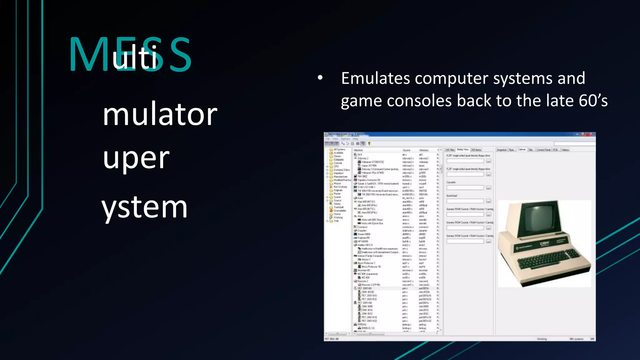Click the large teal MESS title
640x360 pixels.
pos(130,55)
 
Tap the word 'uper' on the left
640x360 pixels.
pos(136,158)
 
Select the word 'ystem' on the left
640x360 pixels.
pos(144,207)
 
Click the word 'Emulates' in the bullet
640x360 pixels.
pos(375,78)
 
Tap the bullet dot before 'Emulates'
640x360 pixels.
pos(320,78)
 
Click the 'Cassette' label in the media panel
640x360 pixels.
pos(451,182)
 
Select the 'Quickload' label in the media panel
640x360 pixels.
pos(452,196)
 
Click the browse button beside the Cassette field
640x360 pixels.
pos(488,188)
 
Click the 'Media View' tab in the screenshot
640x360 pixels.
pos(462,150)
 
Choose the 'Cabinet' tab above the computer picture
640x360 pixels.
pos(522,150)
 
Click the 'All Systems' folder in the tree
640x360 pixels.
pos(339,150)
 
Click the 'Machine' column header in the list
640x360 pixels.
pos(358,150)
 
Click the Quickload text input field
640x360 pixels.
pos(465,201)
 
